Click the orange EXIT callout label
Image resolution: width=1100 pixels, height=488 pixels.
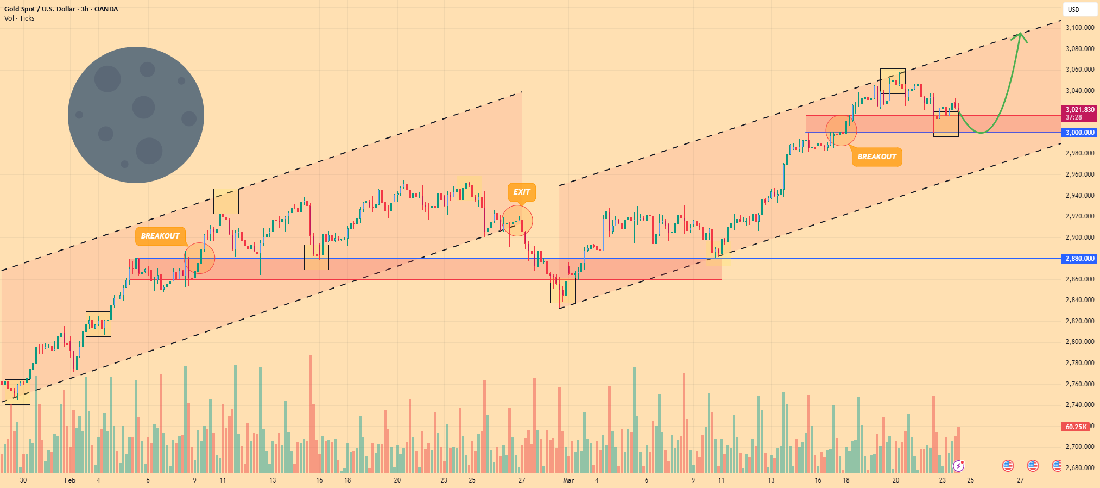(x=522, y=192)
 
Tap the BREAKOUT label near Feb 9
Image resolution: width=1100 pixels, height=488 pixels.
(x=160, y=236)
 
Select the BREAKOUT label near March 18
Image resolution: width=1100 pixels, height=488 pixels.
(x=877, y=157)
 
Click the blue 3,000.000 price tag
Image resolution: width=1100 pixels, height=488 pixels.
(x=1079, y=133)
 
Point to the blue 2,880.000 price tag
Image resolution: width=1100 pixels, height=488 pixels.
(x=1079, y=259)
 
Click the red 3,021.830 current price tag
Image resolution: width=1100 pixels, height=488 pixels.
(x=1079, y=114)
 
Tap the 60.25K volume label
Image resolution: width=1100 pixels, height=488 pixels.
(x=1076, y=427)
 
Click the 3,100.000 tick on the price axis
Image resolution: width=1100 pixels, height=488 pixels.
(x=1080, y=28)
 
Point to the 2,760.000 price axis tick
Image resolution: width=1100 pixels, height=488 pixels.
(x=1080, y=384)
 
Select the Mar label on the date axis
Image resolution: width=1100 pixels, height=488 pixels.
(x=568, y=480)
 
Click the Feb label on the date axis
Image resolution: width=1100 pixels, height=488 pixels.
(x=70, y=480)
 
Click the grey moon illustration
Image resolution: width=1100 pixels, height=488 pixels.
(x=136, y=115)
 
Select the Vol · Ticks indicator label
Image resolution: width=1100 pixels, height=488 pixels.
(x=20, y=18)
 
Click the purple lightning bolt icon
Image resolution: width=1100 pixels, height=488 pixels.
(x=959, y=466)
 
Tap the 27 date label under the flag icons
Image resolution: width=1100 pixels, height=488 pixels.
(x=1021, y=480)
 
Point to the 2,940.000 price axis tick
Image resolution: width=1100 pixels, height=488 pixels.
(x=1080, y=196)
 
